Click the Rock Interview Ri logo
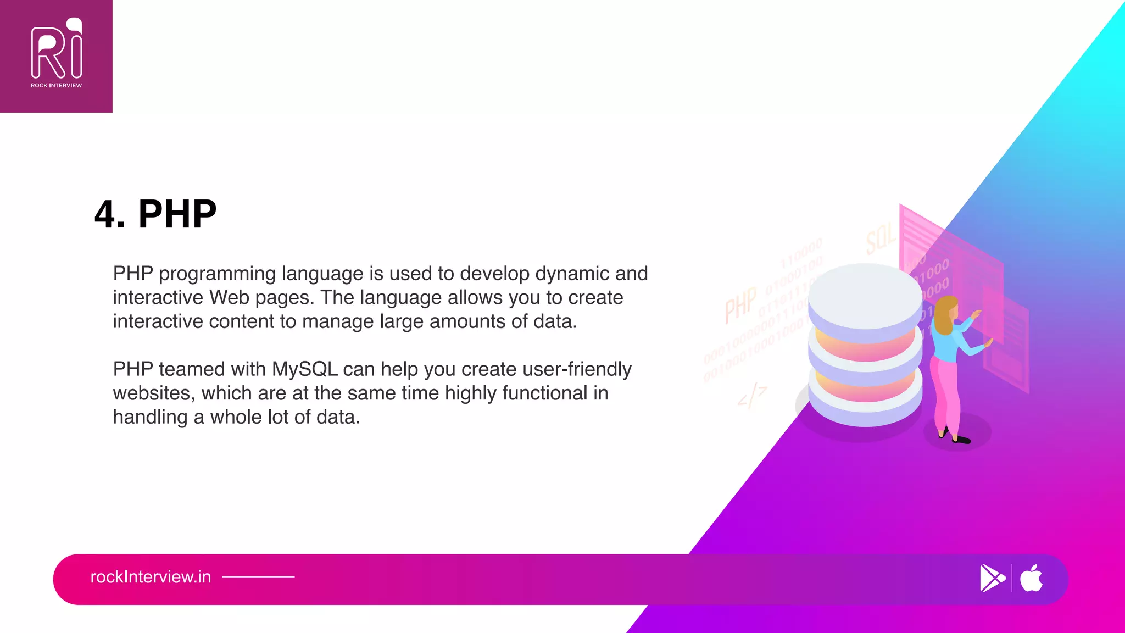pos(56,49)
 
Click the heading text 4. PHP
pos(155,214)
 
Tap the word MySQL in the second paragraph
pos(305,369)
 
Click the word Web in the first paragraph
pos(229,298)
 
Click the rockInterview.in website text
pos(151,577)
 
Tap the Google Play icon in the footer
pos(992,579)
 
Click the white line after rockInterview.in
pos(258,577)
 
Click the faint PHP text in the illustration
pos(740,304)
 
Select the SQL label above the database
pos(880,240)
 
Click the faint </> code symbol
pos(751,396)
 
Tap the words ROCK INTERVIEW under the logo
pos(56,86)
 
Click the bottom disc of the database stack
pos(865,404)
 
